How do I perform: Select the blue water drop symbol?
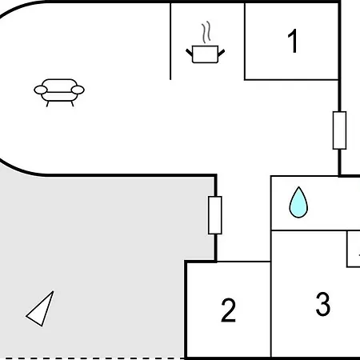298,202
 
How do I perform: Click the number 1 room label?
293,41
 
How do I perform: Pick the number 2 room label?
229,310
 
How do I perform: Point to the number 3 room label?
323,304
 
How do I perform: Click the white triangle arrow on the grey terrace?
40,309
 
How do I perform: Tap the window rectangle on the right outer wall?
339,130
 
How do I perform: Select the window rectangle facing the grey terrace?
215,215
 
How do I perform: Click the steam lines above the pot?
206,32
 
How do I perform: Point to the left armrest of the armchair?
41,90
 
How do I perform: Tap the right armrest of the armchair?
78,90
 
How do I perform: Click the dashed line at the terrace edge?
92,358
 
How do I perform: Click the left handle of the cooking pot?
190,52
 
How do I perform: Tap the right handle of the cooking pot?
222,53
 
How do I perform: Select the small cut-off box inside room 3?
354,249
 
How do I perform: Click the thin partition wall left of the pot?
170,42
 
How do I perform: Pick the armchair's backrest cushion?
59,86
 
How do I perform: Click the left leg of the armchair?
47,104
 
